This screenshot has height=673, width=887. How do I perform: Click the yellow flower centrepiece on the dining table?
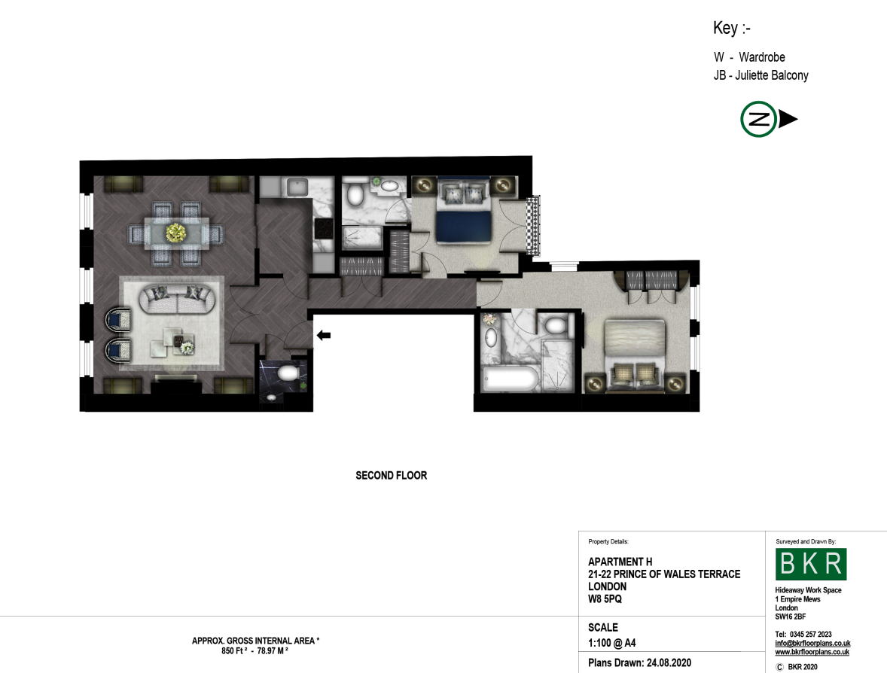[x=176, y=233]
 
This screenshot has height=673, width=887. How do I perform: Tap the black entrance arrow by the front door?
[x=324, y=335]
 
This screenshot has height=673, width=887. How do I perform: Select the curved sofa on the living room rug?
[x=177, y=299]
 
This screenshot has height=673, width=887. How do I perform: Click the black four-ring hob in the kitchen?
[x=324, y=229]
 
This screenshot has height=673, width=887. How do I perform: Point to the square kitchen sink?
[x=297, y=187]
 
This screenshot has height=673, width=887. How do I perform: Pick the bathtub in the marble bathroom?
[x=511, y=378]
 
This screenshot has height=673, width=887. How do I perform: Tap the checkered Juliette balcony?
[x=533, y=224]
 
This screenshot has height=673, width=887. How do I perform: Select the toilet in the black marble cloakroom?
[x=288, y=373]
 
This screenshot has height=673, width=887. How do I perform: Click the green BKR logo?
[x=811, y=564]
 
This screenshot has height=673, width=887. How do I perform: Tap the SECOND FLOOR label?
[x=392, y=476]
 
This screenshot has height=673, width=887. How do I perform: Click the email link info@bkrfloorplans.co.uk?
[x=812, y=643]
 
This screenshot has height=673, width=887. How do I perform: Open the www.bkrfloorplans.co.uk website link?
[x=812, y=652]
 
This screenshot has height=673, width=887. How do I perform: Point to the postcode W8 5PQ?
[x=605, y=599]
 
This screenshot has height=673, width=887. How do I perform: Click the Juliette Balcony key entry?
[x=761, y=75]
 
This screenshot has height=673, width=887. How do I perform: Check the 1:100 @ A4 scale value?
[x=612, y=643]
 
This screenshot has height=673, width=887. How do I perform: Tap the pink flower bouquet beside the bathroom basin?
[x=489, y=319]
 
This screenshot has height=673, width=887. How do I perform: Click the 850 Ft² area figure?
[x=234, y=651]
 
